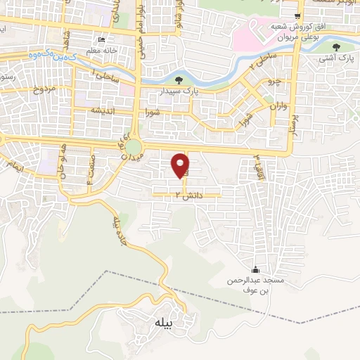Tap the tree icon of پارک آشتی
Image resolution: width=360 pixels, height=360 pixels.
337,48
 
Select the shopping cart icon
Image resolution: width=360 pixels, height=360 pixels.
298,16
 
